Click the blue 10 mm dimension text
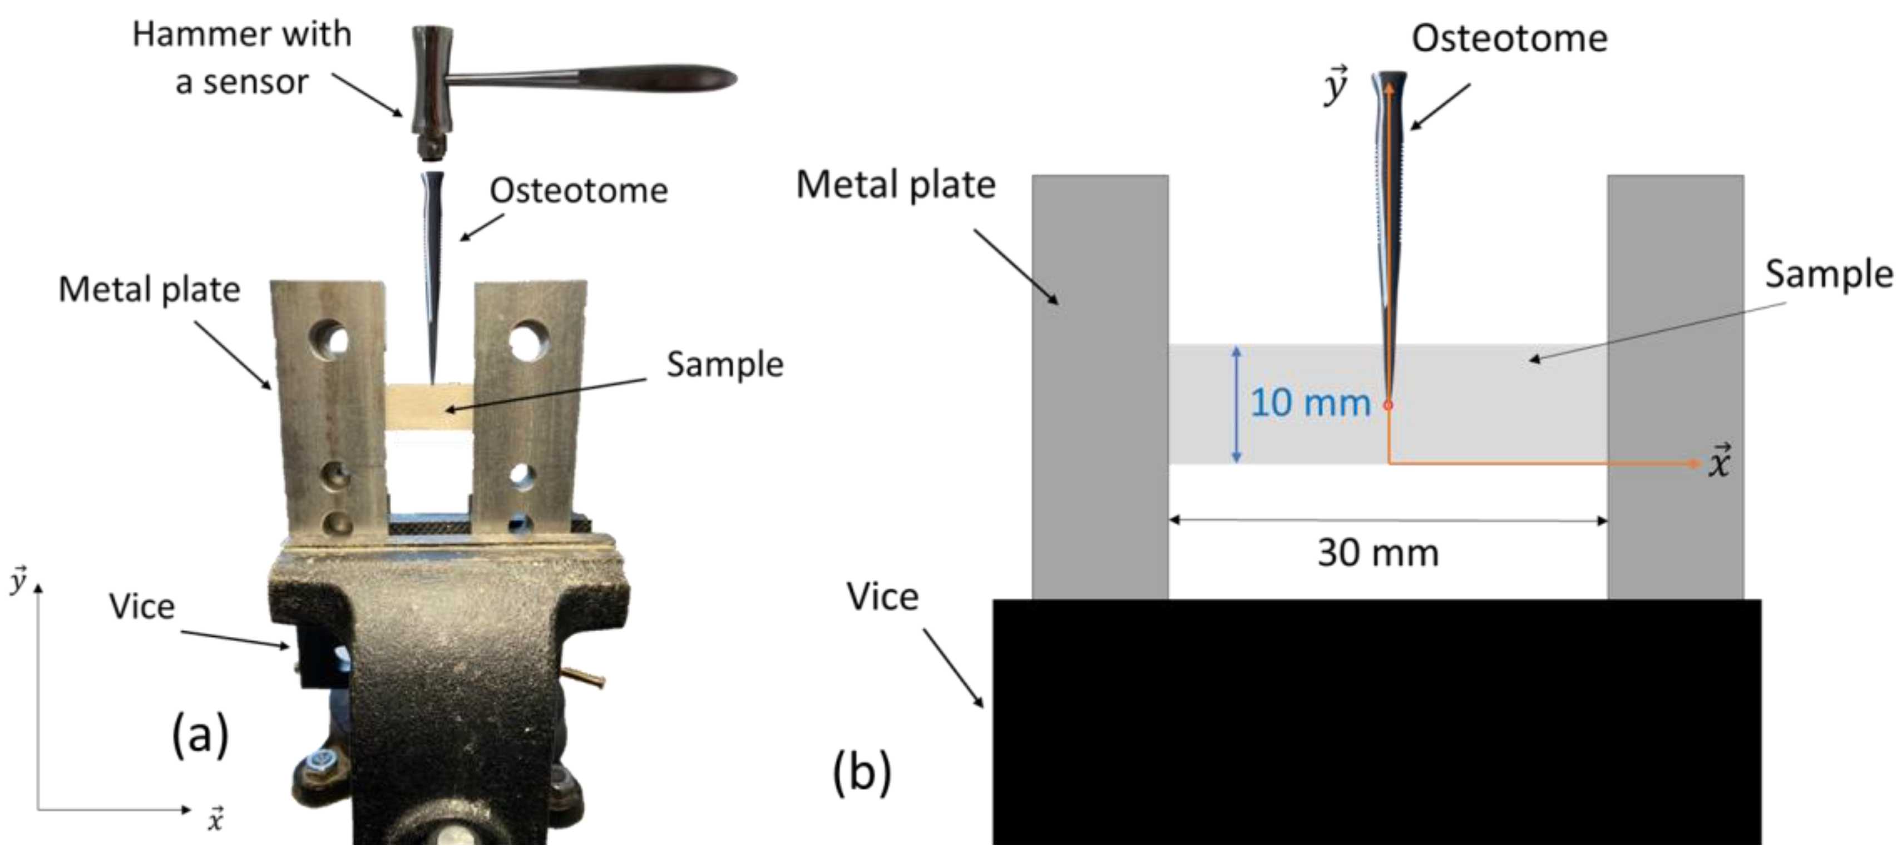point(1310,403)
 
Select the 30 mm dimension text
point(1378,553)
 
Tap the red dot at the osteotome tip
point(1388,405)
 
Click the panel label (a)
point(200,735)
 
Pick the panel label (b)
point(862,772)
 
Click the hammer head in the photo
point(432,88)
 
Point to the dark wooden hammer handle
point(657,77)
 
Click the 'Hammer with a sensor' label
point(241,58)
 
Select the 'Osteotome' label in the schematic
point(1509,38)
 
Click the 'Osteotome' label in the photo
point(578,190)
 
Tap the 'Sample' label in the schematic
point(1828,275)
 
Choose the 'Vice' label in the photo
point(142,607)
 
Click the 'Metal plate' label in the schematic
point(895,185)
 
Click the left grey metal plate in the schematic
point(1099,384)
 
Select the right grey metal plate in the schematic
point(1676,384)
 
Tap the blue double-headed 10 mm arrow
point(1237,404)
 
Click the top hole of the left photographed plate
point(333,339)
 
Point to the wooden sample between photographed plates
point(429,407)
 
